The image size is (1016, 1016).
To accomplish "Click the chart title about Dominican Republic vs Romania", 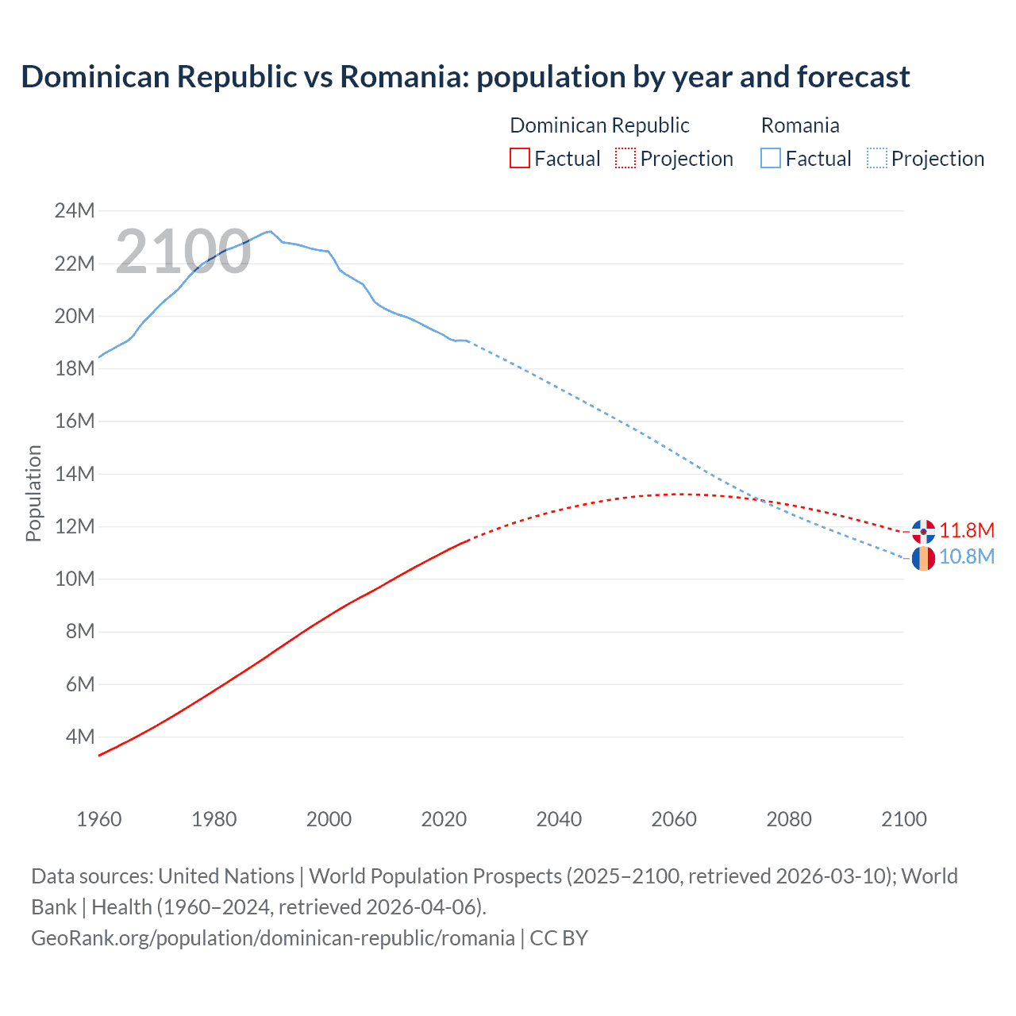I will click(465, 77).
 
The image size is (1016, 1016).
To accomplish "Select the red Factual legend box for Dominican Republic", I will click(519, 158).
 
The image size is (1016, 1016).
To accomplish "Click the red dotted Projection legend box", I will click(625, 158).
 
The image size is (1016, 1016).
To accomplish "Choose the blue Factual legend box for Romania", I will click(771, 158).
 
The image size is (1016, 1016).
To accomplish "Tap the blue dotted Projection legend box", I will click(877, 158).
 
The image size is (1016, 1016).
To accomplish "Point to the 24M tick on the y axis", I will click(75, 211).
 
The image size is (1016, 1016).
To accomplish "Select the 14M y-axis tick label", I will click(75, 474).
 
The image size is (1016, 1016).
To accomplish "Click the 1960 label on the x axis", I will click(99, 819).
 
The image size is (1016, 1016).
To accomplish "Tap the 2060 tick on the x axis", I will click(674, 819).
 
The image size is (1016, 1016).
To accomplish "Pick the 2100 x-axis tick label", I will click(904, 819).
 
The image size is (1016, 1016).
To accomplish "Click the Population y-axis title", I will click(33, 493).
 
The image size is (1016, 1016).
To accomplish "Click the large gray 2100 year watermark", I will click(183, 252).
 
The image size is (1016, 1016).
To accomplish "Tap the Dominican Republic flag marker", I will click(923, 531).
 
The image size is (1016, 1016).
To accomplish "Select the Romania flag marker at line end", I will click(923, 558).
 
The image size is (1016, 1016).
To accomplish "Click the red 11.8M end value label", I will click(967, 530).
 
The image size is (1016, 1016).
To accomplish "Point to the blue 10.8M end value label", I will click(967, 556).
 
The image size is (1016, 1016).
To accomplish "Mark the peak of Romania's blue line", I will click(271, 231).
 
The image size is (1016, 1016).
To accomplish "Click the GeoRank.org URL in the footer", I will click(273, 938).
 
